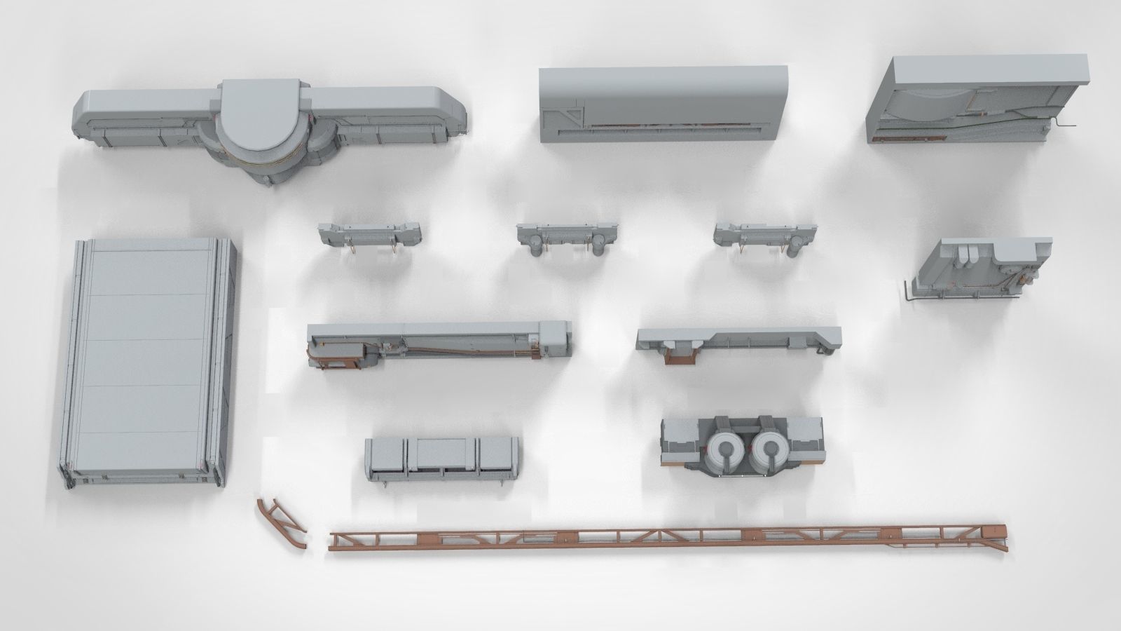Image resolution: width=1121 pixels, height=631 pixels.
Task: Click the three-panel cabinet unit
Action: pos(443,458)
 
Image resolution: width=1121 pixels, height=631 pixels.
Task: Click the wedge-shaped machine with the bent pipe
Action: pos(981,270)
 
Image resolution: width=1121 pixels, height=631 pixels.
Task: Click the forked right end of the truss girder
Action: pos(996,534)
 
